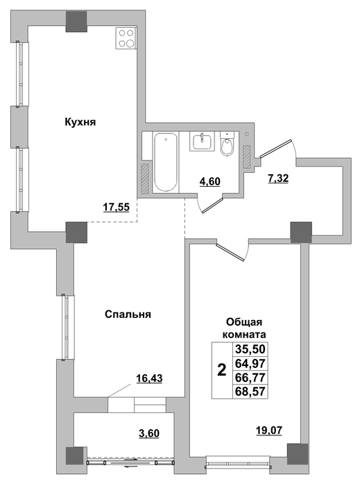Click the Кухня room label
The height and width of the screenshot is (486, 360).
pos(80,121)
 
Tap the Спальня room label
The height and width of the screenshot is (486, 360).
pos(128,315)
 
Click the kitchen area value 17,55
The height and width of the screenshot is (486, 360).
pos(116,207)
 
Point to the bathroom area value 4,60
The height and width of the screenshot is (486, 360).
pos(210,181)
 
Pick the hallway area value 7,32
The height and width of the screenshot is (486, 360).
pos(278,178)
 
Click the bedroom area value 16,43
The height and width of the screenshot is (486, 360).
pos(150,378)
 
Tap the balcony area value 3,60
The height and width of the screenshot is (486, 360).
pos(149,433)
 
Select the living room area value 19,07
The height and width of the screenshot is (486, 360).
pos(269,430)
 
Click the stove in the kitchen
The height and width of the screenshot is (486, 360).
pos(126,38)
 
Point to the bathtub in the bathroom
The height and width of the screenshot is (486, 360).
pos(166,162)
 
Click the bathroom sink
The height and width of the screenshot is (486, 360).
pos(203,142)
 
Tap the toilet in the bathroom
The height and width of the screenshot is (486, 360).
pos(228,144)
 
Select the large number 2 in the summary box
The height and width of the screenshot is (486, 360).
pos(222,370)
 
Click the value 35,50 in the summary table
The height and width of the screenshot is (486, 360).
pos(250,349)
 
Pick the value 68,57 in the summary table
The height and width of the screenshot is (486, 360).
pos(250,392)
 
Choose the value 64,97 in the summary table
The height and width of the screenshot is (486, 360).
pos(250,363)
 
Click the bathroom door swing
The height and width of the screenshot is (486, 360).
pos(210,203)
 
